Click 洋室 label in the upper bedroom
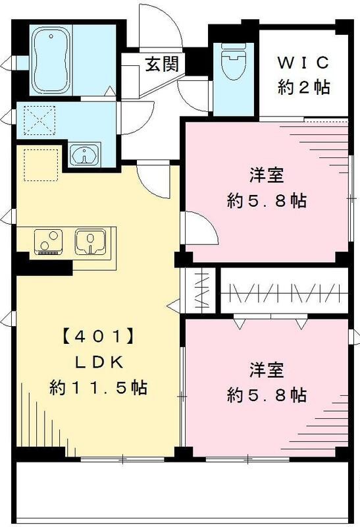pyautogui.click(x=267, y=176)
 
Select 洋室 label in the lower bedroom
pyautogui.click(x=267, y=370)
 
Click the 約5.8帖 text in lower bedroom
pyautogui.click(x=267, y=395)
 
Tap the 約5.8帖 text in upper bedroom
pyautogui.click(x=267, y=200)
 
